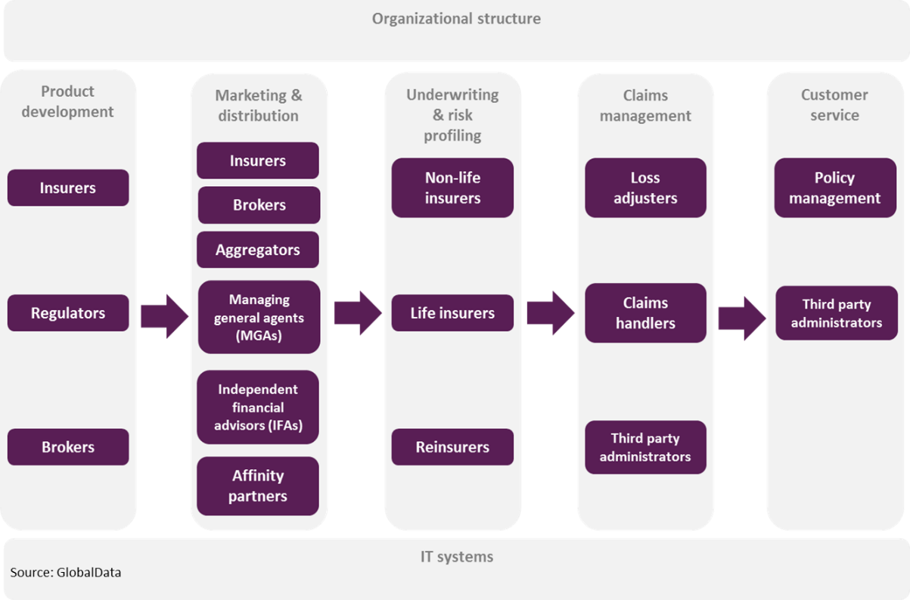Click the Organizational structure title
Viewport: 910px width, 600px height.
(x=456, y=19)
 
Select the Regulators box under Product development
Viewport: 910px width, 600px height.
(x=68, y=313)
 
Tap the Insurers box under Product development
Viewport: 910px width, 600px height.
(x=68, y=188)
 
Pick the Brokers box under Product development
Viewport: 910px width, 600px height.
(x=68, y=447)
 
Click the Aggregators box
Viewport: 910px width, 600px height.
(x=258, y=250)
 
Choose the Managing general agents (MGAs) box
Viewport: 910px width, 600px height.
(x=259, y=318)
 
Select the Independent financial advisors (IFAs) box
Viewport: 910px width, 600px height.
(x=258, y=407)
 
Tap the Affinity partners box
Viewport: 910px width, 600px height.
(x=258, y=486)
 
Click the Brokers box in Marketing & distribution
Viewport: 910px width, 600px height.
(x=259, y=205)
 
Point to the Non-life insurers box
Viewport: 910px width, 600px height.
(x=452, y=188)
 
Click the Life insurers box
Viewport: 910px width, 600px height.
(x=452, y=313)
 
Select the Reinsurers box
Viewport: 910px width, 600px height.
(x=452, y=447)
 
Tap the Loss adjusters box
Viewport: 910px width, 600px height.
(x=645, y=188)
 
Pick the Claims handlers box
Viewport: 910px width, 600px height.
(x=645, y=313)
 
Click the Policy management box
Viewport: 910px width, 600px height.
(x=835, y=188)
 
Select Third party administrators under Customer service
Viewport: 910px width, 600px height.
(x=836, y=313)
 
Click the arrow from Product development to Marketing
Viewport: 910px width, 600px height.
(x=163, y=314)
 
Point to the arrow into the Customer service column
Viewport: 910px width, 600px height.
(x=741, y=314)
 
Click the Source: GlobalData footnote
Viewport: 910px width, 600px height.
(x=66, y=573)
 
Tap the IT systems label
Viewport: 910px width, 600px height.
(x=456, y=557)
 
